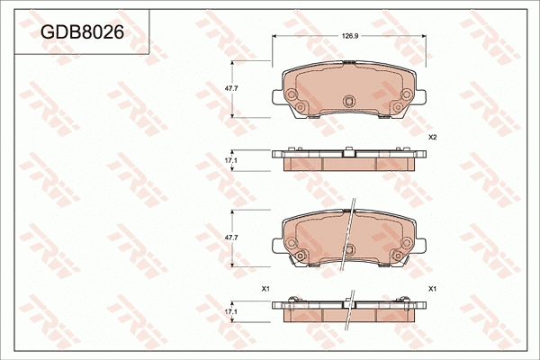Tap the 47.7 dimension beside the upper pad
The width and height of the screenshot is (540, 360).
coord(230,88)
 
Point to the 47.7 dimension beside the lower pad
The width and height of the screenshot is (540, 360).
coord(230,237)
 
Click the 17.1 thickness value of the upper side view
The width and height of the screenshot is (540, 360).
coord(230,161)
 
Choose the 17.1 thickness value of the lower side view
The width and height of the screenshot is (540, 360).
coord(230,310)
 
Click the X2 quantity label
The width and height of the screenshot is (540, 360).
coord(432,137)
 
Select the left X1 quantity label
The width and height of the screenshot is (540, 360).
coord(265,288)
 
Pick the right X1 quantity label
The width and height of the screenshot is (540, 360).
coord(432,288)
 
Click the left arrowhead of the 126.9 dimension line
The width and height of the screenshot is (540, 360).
coord(274,37)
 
